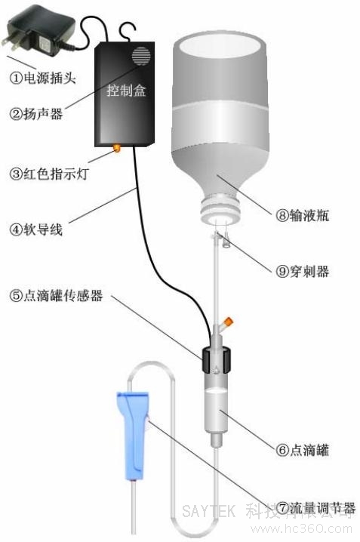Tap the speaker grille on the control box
click(140, 56)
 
